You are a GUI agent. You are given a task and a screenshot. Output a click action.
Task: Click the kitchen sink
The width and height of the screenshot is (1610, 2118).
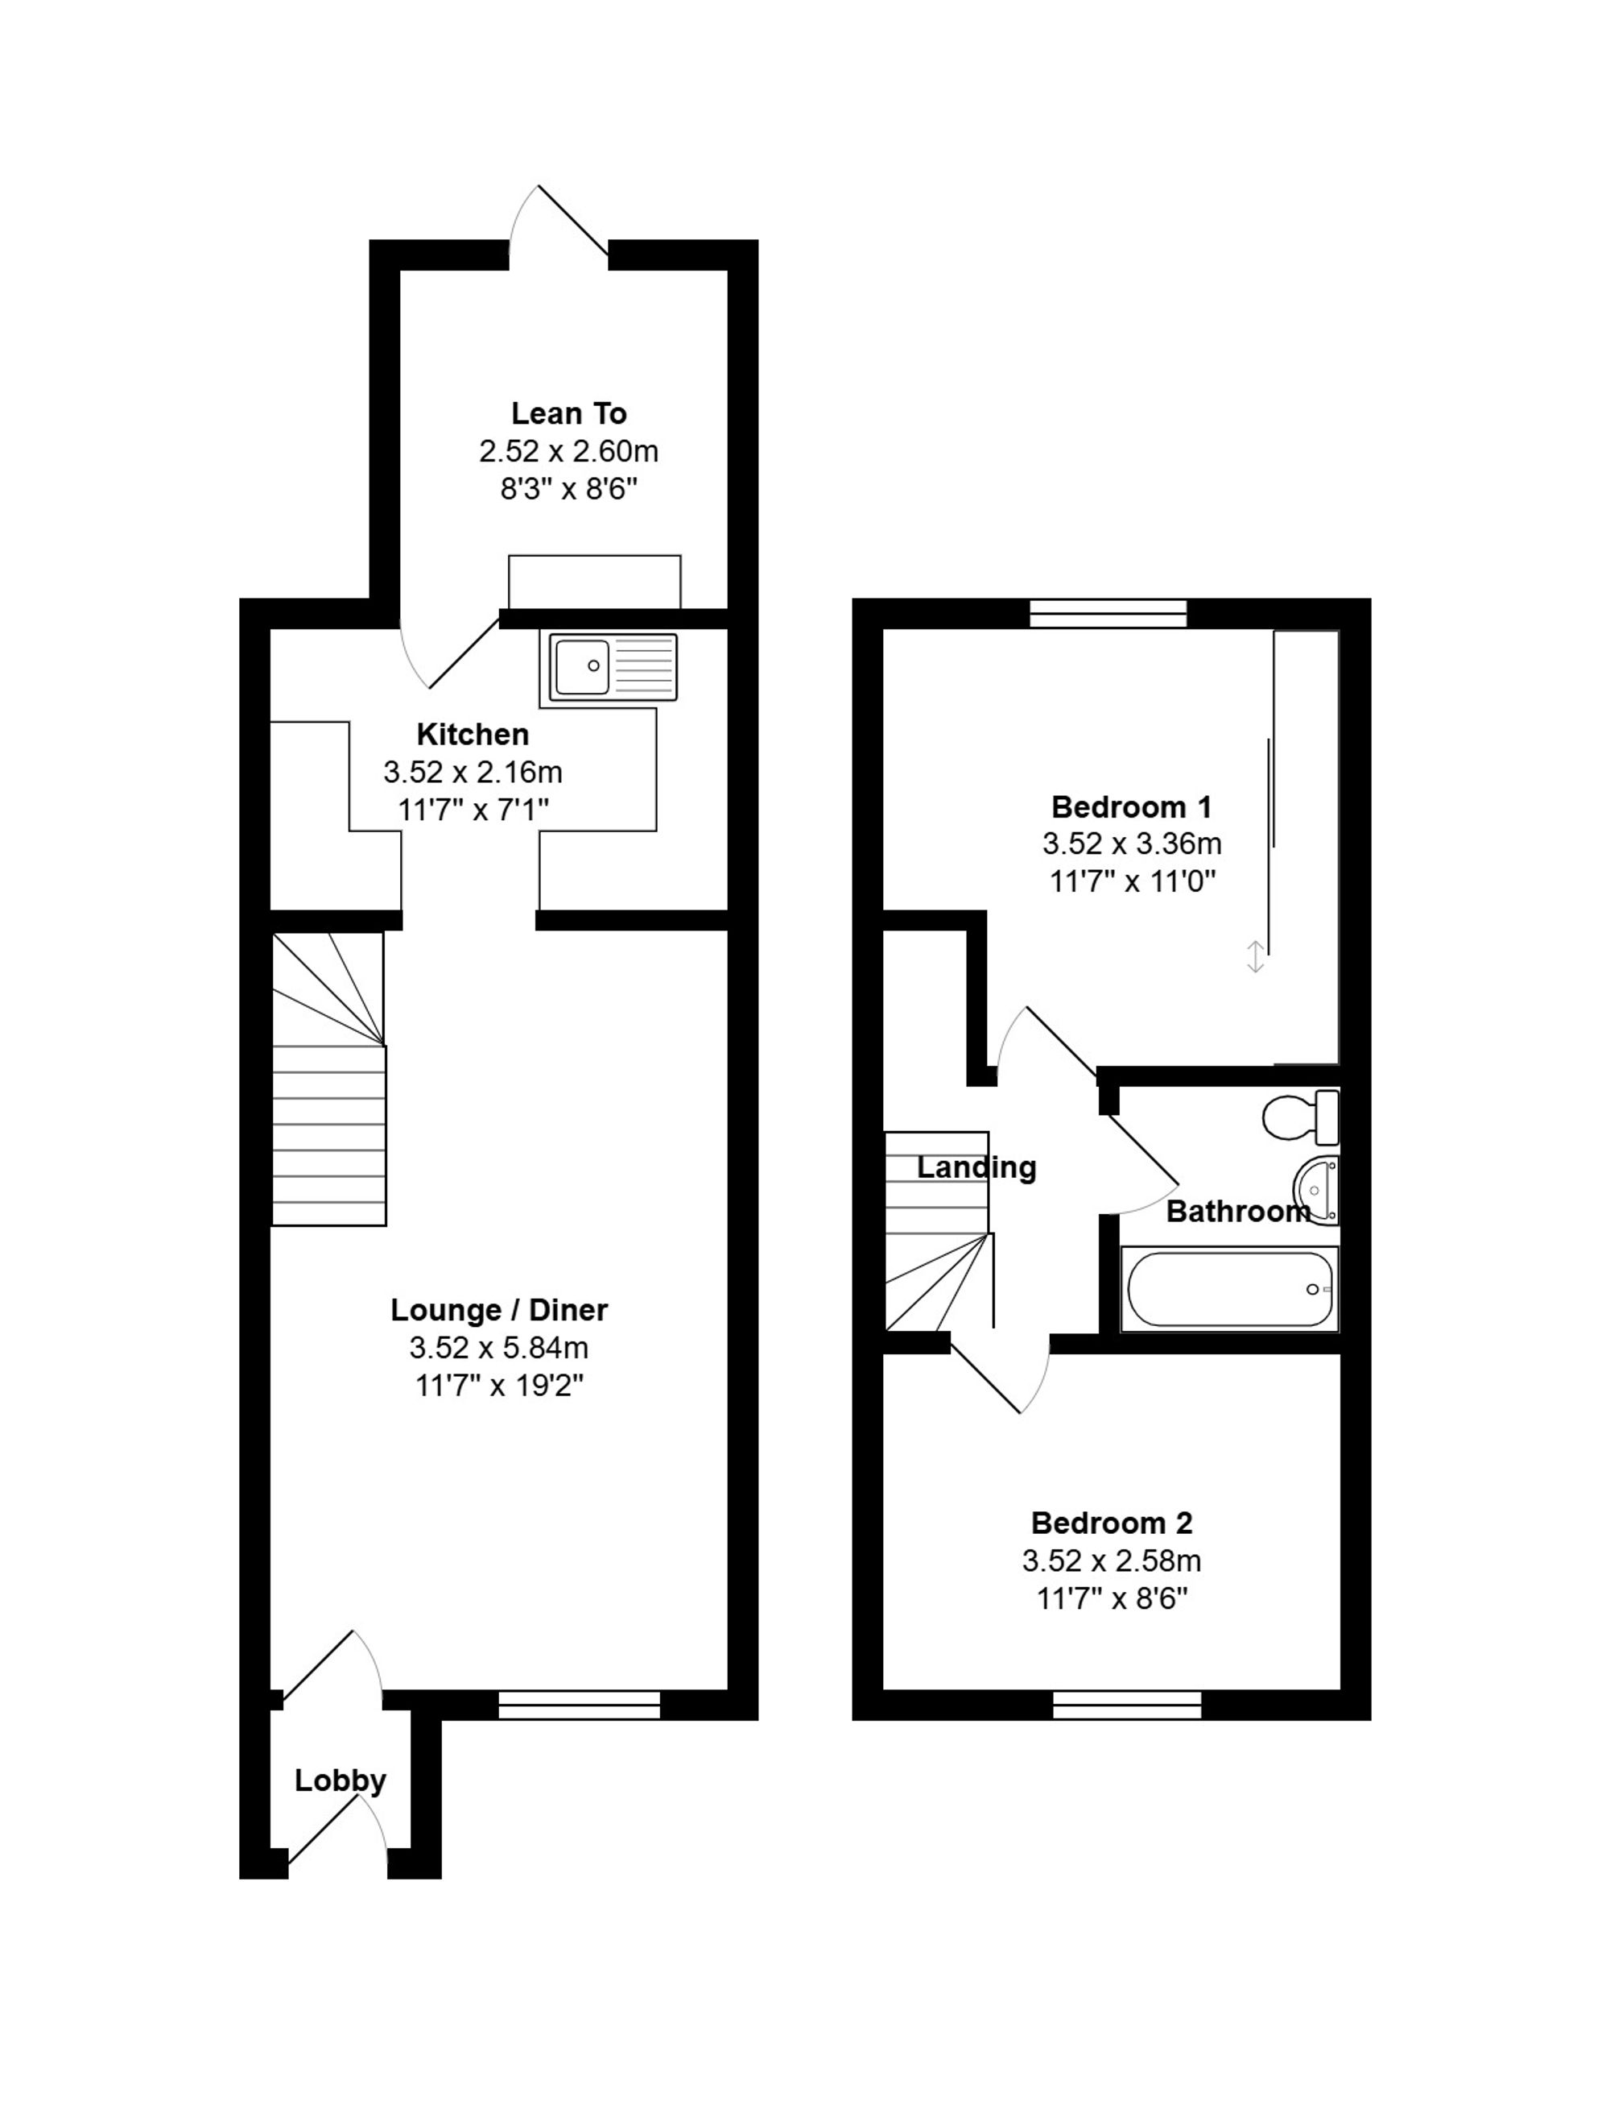613,665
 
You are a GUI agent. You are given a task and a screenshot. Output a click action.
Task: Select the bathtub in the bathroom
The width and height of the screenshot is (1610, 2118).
1229,1290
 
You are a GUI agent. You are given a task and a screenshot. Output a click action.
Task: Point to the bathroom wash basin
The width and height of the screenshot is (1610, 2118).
1317,1190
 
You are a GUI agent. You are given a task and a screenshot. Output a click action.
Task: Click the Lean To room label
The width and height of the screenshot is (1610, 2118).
568,413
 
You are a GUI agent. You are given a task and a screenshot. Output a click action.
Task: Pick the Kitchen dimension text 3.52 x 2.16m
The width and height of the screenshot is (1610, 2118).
473,772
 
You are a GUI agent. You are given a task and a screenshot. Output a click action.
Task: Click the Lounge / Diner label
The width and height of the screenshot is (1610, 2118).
499,1310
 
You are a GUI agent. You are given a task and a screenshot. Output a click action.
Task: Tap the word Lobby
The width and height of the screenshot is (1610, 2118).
341,1780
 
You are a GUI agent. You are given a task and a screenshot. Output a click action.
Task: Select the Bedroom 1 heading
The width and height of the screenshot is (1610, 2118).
1132,806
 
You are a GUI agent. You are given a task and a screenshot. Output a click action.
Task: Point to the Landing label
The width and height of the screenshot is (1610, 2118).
976,1168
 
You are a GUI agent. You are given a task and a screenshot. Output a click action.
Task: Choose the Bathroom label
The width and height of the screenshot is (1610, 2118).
1238,1212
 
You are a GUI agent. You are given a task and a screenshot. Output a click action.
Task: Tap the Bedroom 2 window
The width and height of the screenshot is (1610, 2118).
1127,1705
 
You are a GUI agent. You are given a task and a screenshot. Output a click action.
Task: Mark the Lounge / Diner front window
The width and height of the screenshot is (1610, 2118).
580,1705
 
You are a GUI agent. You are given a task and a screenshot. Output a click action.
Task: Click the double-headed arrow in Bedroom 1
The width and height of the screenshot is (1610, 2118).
1256,957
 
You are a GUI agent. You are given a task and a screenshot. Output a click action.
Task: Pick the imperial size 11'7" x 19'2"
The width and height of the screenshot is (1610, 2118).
499,1386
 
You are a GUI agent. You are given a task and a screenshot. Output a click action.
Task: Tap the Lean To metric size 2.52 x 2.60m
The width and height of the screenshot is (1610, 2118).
568,452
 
